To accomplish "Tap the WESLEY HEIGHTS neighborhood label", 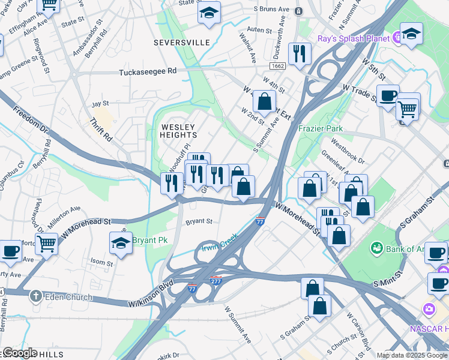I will (x=178, y=131).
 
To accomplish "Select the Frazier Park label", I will (x=321, y=128).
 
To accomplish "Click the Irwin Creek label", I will (x=220, y=241).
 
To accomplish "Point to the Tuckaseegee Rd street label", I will (x=148, y=71).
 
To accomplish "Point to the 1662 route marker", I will (x=278, y=66).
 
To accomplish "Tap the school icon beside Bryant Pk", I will (x=121, y=243).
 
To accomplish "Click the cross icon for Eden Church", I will (x=36, y=296).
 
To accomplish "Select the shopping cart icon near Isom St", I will (x=46, y=244).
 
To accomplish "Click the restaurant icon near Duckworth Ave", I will (x=298, y=54).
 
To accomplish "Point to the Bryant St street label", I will (x=199, y=221).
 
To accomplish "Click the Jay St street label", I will (x=99, y=104).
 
